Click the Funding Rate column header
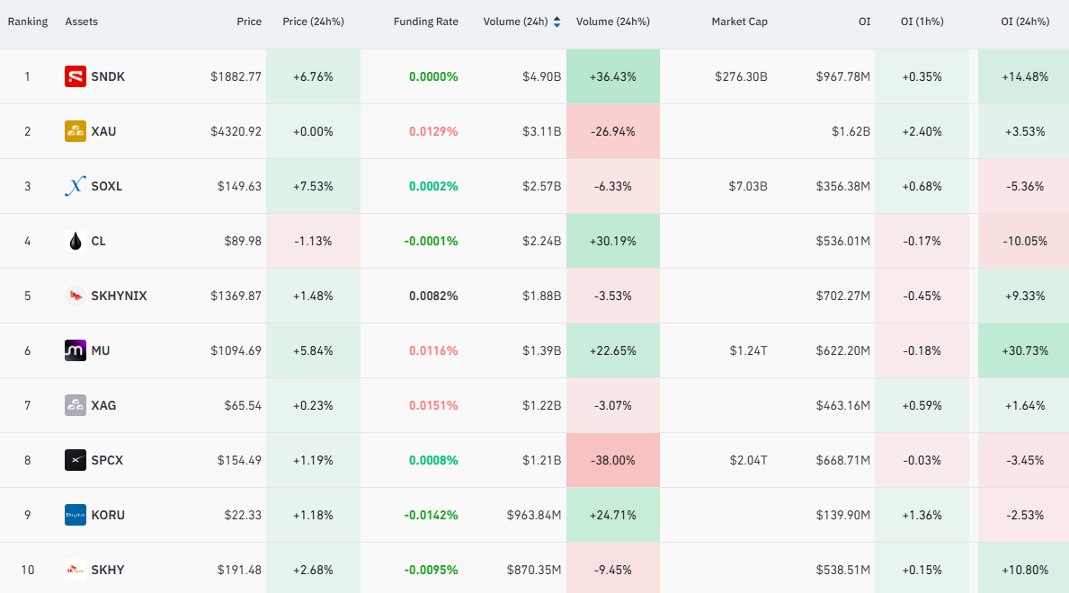tap(425, 22)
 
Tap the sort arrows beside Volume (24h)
tap(557, 22)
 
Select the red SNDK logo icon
tap(75, 76)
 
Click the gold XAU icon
tap(75, 131)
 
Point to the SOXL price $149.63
tap(239, 186)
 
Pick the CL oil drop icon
tap(75, 241)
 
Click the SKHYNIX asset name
tap(120, 296)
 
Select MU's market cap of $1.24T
tap(749, 350)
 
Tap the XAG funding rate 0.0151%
tap(433, 405)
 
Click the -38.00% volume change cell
tap(613, 460)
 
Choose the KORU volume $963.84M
tap(534, 516)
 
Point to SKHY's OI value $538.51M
tap(843, 570)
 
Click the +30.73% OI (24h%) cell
tap(1023, 350)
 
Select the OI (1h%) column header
tap(922, 22)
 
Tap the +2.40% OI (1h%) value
tap(922, 131)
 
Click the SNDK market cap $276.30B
tap(741, 77)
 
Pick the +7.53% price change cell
tap(313, 186)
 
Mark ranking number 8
tap(27, 460)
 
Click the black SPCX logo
tap(75, 460)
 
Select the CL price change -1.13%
tap(313, 242)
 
